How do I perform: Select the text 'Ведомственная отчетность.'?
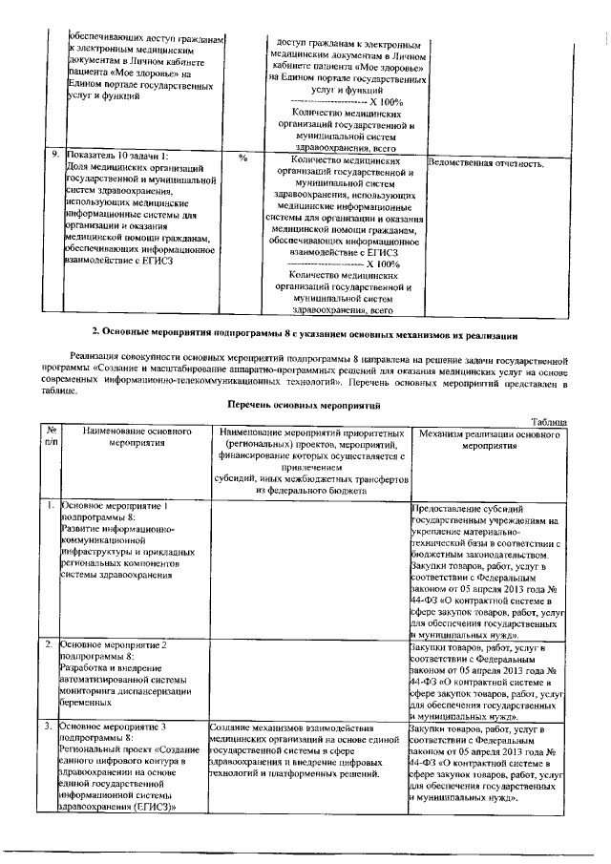point(487,163)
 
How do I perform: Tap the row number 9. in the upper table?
point(55,153)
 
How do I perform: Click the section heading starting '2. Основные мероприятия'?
point(304,333)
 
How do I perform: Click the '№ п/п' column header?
point(51,437)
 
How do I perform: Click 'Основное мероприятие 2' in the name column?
point(115,645)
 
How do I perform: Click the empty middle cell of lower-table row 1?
point(308,568)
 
